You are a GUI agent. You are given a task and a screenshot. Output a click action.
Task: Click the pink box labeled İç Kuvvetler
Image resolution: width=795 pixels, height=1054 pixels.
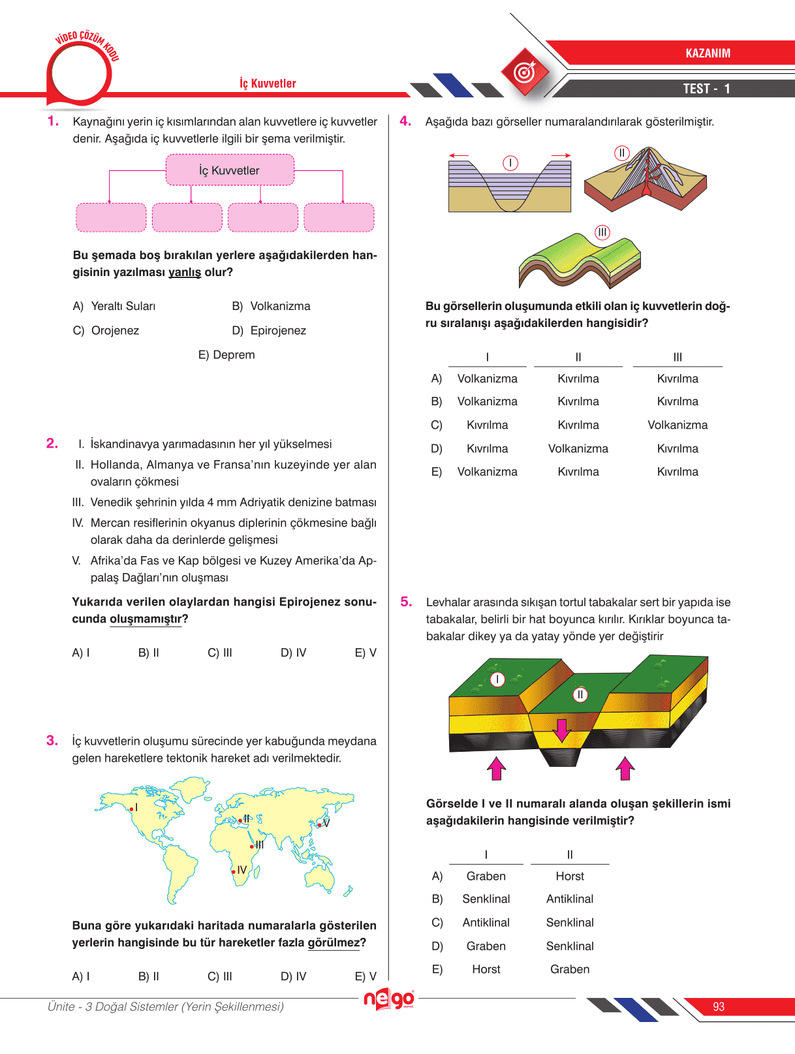[230, 170]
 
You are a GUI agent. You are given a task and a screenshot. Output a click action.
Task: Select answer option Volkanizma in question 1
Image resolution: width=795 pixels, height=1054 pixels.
[280, 306]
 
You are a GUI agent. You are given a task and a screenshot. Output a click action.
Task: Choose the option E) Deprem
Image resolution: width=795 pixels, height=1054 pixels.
[226, 355]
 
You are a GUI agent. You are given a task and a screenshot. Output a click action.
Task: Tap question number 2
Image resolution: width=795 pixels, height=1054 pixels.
[52, 444]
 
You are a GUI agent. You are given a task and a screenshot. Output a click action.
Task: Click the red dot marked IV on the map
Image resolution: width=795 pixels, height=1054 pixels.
[234, 872]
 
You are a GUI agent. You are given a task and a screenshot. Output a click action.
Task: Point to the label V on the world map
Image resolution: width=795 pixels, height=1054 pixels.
[327, 823]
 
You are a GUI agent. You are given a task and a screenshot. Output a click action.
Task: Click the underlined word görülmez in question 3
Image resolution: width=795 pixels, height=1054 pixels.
[334, 942]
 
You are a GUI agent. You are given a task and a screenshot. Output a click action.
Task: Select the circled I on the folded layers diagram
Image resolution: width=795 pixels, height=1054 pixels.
[510, 163]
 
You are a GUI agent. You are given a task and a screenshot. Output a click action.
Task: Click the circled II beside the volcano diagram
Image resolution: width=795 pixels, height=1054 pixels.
[622, 153]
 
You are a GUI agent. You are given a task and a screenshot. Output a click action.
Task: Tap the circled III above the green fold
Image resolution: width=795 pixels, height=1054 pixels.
[602, 232]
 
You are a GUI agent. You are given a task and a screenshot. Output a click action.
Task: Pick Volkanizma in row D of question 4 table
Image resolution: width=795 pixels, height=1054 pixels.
[578, 448]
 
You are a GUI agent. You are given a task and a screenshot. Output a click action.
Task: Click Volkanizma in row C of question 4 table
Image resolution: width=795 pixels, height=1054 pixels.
[677, 425]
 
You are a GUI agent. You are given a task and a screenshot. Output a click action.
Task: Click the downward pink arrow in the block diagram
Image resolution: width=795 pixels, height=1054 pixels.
[561, 730]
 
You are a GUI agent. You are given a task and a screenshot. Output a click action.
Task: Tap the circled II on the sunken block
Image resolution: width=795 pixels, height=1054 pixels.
[580, 694]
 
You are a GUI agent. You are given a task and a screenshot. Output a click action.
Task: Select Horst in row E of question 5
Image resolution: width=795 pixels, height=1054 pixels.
[486, 969]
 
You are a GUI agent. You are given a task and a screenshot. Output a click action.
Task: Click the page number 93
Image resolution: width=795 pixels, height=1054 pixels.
[719, 1006]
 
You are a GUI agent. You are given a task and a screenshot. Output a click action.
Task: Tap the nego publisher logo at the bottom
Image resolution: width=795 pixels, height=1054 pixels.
[388, 999]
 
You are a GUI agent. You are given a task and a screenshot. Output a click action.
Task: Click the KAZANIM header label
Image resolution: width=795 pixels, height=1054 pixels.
[708, 53]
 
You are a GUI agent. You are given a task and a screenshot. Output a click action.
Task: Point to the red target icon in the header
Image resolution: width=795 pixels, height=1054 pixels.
[525, 72]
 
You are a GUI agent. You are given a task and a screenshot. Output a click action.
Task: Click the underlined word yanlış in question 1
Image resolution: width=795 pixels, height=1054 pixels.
[185, 272]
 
